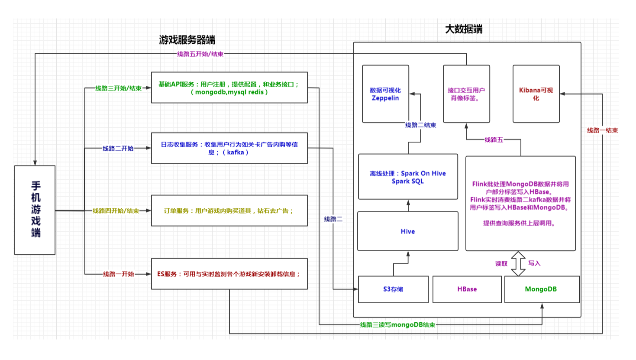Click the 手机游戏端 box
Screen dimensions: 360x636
point(35,210)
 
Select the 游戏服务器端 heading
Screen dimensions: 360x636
point(187,40)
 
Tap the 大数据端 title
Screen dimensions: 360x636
point(463,29)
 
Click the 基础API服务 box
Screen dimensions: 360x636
point(229,88)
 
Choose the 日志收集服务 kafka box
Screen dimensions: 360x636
point(229,148)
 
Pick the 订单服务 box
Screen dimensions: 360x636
point(229,211)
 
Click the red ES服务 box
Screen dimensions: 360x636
point(229,274)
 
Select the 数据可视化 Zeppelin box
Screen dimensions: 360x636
point(385,94)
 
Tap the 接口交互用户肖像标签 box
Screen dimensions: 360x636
point(466,94)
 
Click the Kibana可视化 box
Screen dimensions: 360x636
point(536,94)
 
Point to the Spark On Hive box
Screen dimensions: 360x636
point(408,177)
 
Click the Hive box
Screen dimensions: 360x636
point(408,231)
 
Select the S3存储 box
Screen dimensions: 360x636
point(393,289)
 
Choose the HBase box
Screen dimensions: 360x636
point(467,289)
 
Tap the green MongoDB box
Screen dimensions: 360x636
point(541,289)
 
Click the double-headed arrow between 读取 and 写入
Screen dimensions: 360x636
point(518,263)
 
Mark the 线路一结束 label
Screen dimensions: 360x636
point(602,130)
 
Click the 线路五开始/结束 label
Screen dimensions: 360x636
point(200,54)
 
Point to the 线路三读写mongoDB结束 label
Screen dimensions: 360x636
point(397,324)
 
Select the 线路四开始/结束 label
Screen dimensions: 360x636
point(116,211)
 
